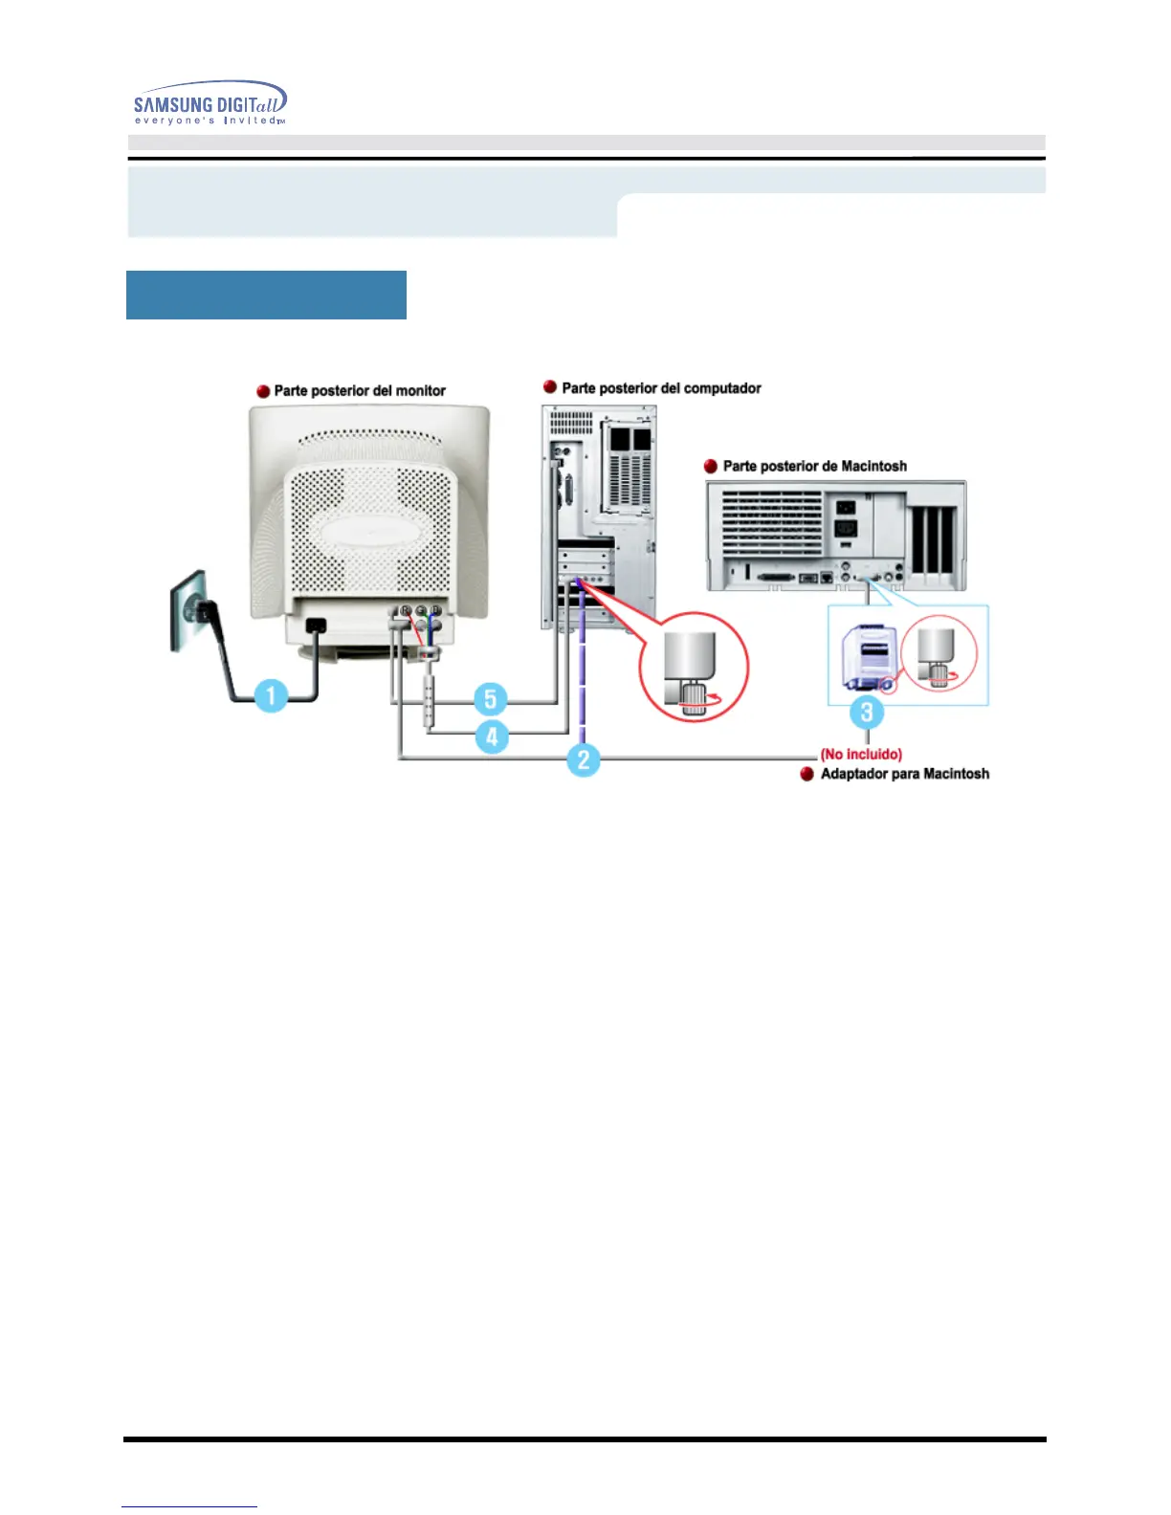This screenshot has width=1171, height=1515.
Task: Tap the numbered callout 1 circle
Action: [x=272, y=695]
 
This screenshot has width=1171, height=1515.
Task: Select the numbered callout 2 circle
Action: [x=583, y=760]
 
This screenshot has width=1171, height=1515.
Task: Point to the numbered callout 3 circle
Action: [x=867, y=712]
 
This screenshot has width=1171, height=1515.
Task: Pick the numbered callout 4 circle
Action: [x=492, y=736]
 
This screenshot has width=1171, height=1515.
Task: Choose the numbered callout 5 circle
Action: [x=491, y=698]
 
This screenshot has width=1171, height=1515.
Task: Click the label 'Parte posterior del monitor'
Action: [x=360, y=391]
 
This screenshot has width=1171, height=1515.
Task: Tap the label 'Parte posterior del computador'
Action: [x=661, y=388]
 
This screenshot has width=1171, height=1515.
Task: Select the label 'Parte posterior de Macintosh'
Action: [x=814, y=467]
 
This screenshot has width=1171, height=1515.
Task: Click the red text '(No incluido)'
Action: [x=861, y=755]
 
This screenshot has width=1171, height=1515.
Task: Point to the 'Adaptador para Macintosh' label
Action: [x=904, y=774]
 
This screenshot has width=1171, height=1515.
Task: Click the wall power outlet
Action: [x=188, y=610]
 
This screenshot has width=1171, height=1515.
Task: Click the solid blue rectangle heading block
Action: [x=266, y=295]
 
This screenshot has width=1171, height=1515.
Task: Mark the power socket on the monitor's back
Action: [x=314, y=626]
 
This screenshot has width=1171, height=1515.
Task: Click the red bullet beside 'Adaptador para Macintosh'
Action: [x=807, y=774]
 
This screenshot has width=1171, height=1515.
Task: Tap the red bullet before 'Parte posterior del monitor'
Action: [x=263, y=391]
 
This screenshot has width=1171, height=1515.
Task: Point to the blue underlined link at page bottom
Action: [x=189, y=1505]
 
